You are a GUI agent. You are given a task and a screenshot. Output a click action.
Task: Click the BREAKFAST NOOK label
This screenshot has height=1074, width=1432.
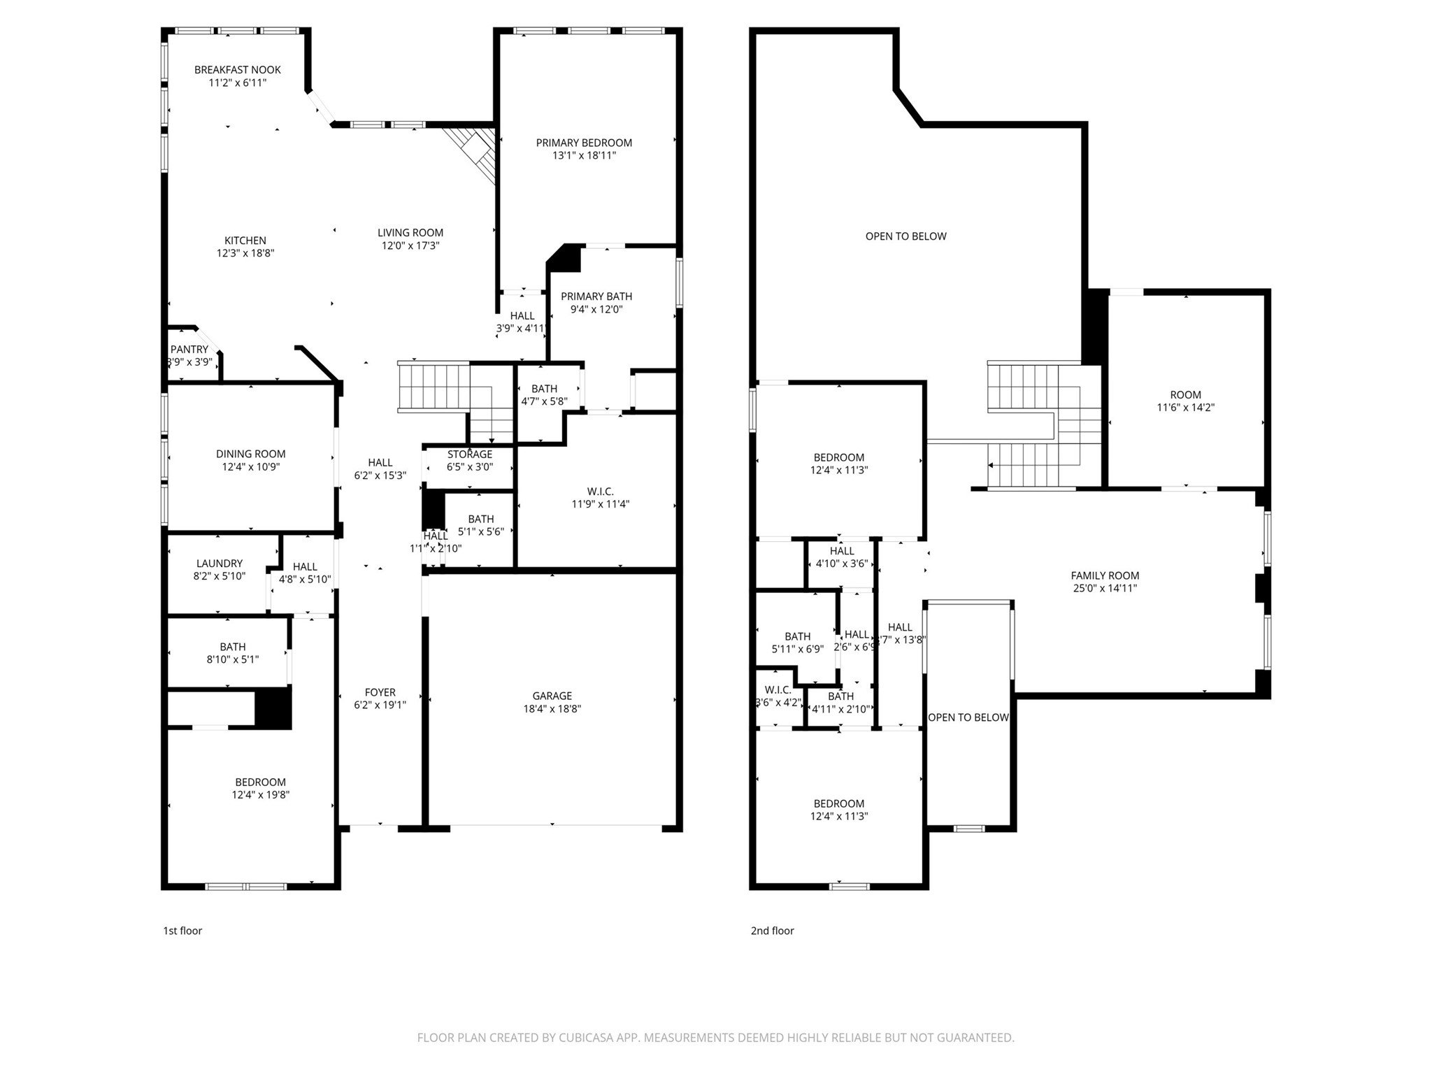[237, 70]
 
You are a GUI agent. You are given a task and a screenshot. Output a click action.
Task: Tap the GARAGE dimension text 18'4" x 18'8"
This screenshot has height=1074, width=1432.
[552, 708]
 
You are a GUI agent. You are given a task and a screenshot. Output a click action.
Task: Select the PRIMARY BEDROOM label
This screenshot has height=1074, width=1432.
[584, 143]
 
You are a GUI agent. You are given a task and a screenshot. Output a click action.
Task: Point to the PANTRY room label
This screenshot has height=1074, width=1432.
[189, 350]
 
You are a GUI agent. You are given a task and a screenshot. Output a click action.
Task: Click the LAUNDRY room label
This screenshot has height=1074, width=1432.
[219, 564]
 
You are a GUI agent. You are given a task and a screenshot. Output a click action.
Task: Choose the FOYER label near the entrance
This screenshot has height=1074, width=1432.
[380, 692]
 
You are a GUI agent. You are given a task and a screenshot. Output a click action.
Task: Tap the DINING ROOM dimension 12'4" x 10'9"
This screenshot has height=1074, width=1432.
[250, 467]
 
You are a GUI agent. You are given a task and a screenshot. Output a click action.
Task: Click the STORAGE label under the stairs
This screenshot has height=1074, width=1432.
[470, 454]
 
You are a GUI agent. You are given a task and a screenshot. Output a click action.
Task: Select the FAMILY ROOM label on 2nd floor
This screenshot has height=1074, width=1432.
[1105, 575]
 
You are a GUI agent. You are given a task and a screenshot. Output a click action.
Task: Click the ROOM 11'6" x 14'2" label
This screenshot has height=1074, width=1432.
[1185, 394]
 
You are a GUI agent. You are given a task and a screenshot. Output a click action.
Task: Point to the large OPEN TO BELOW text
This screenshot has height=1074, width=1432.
[905, 236]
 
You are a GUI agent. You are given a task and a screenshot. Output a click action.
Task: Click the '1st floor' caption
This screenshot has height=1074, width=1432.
[182, 931]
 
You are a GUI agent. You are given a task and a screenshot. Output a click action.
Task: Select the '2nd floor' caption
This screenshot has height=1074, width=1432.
[772, 931]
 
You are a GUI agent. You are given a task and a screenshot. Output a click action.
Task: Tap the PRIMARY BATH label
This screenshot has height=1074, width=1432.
[596, 296]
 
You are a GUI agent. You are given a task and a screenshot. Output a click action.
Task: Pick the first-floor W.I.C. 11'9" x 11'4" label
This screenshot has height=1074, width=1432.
[600, 492]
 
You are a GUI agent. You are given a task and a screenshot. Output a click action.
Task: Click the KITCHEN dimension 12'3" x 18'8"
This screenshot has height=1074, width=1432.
[245, 253]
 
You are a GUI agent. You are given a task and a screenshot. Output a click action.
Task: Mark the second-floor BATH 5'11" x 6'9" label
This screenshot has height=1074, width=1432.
[797, 636]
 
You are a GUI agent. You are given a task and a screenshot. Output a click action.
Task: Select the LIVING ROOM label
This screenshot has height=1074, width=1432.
[410, 233]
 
